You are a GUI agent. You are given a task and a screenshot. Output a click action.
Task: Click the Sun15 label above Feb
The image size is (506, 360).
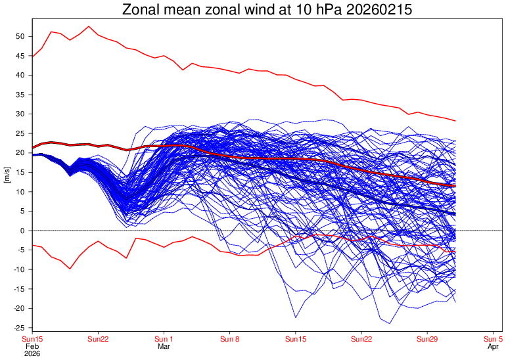[33, 338]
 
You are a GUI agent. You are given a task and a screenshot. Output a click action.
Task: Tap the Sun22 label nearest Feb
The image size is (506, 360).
[98, 338]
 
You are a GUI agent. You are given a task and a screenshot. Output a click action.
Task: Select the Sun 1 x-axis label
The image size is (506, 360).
[164, 338]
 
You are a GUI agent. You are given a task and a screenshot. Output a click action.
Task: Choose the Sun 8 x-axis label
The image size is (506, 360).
[230, 338]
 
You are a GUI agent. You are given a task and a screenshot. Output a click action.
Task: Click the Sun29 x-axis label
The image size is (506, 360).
[427, 338]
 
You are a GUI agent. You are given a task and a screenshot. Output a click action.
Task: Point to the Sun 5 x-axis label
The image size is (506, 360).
[493, 338]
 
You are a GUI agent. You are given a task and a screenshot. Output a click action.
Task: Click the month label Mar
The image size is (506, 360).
[164, 346]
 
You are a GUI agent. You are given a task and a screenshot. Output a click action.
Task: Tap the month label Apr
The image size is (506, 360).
[493, 346]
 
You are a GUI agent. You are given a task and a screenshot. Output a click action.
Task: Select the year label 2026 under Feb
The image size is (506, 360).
[33, 353]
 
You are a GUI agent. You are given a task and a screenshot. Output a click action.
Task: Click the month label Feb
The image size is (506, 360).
[33, 346]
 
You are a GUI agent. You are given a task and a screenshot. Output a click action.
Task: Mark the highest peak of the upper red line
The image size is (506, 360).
[89, 26]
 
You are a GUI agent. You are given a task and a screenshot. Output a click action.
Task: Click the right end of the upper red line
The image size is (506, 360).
[455, 121]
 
